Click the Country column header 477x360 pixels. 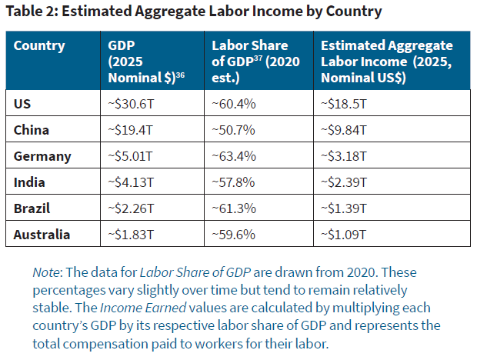click(x=39, y=46)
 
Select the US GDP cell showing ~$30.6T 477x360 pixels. click(x=131, y=104)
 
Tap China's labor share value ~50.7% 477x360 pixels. click(x=233, y=130)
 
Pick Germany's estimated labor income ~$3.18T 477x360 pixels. click(x=344, y=156)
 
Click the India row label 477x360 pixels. click(x=29, y=182)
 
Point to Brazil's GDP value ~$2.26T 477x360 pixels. click(x=131, y=208)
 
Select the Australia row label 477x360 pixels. click(x=42, y=235)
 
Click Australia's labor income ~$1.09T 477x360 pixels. click(x=344, y=235)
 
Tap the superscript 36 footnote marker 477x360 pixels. click(x=180, y=75)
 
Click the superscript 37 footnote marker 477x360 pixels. click(x=258, y=58)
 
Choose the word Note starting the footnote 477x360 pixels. click(x=45, y=272)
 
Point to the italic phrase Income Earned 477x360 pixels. click(x=143, y=308)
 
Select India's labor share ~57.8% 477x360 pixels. click(x=233, y=182)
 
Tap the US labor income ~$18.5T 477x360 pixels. click(x=344, y=104)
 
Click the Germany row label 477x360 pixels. click(x=42, y=157)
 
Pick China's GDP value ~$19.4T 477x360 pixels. click(x=131, y=130)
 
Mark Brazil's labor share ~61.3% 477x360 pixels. click(x=234, y=208)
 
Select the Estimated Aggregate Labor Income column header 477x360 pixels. click(x=387, y=62)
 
